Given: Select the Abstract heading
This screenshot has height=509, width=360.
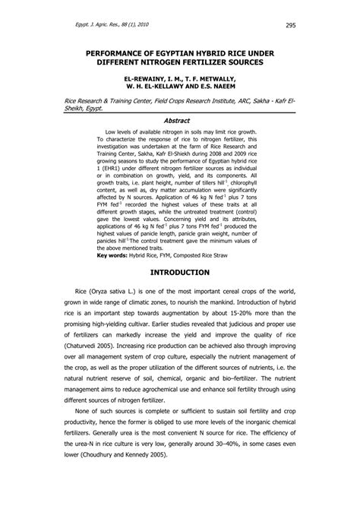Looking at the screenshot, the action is pos(180,122).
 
